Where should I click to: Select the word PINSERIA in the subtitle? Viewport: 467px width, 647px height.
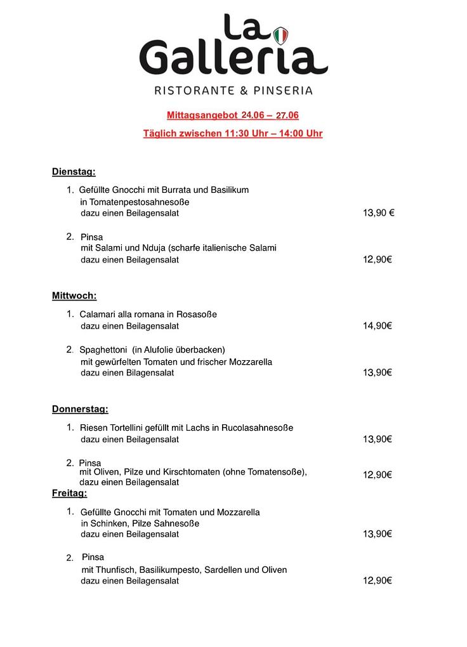coord(282,91)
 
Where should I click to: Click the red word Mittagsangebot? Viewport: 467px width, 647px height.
coord(202,115)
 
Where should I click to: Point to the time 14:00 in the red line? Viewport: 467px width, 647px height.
coord(292,133)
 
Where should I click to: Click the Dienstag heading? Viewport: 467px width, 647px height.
coord(74,171)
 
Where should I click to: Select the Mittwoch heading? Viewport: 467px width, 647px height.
coord(74,296)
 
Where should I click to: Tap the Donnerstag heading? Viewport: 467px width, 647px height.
coord(80,409)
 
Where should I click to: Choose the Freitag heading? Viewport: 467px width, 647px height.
coord(69,493)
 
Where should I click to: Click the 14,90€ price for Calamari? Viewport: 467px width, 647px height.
coord(378,326)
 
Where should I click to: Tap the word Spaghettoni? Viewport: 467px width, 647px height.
coord(103,350)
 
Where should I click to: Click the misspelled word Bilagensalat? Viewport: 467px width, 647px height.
coord(150,373)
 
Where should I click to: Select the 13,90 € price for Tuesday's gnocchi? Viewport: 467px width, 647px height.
coord(379,213)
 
